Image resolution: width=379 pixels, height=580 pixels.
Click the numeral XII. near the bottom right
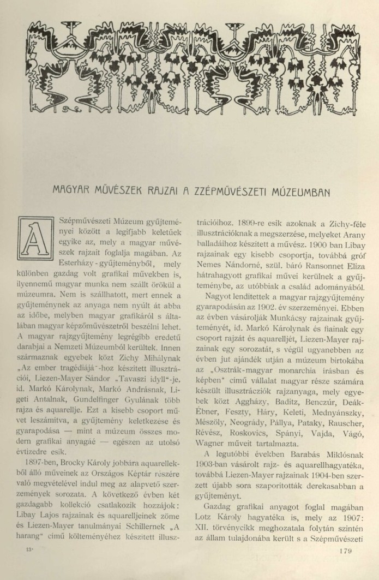coord(197,528)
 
